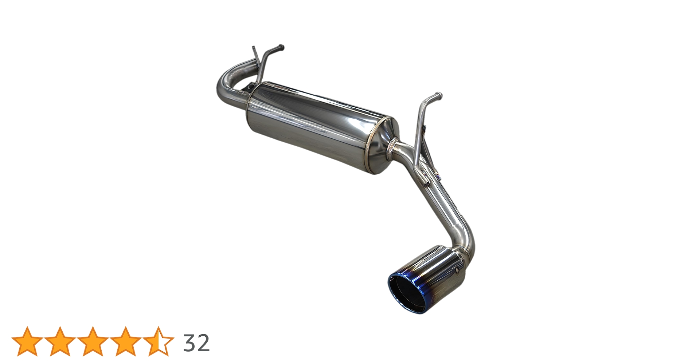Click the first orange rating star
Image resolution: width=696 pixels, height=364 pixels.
(27, 341)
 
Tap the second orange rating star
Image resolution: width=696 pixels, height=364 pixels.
(60, 341)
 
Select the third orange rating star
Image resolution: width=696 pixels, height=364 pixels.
(93, 341)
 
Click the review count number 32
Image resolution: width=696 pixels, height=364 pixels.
(196, 343)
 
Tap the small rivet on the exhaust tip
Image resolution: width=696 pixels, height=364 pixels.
(458, 270)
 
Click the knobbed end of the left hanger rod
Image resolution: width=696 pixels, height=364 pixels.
(281, 47)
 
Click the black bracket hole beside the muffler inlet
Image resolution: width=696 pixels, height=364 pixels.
(251, 87)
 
